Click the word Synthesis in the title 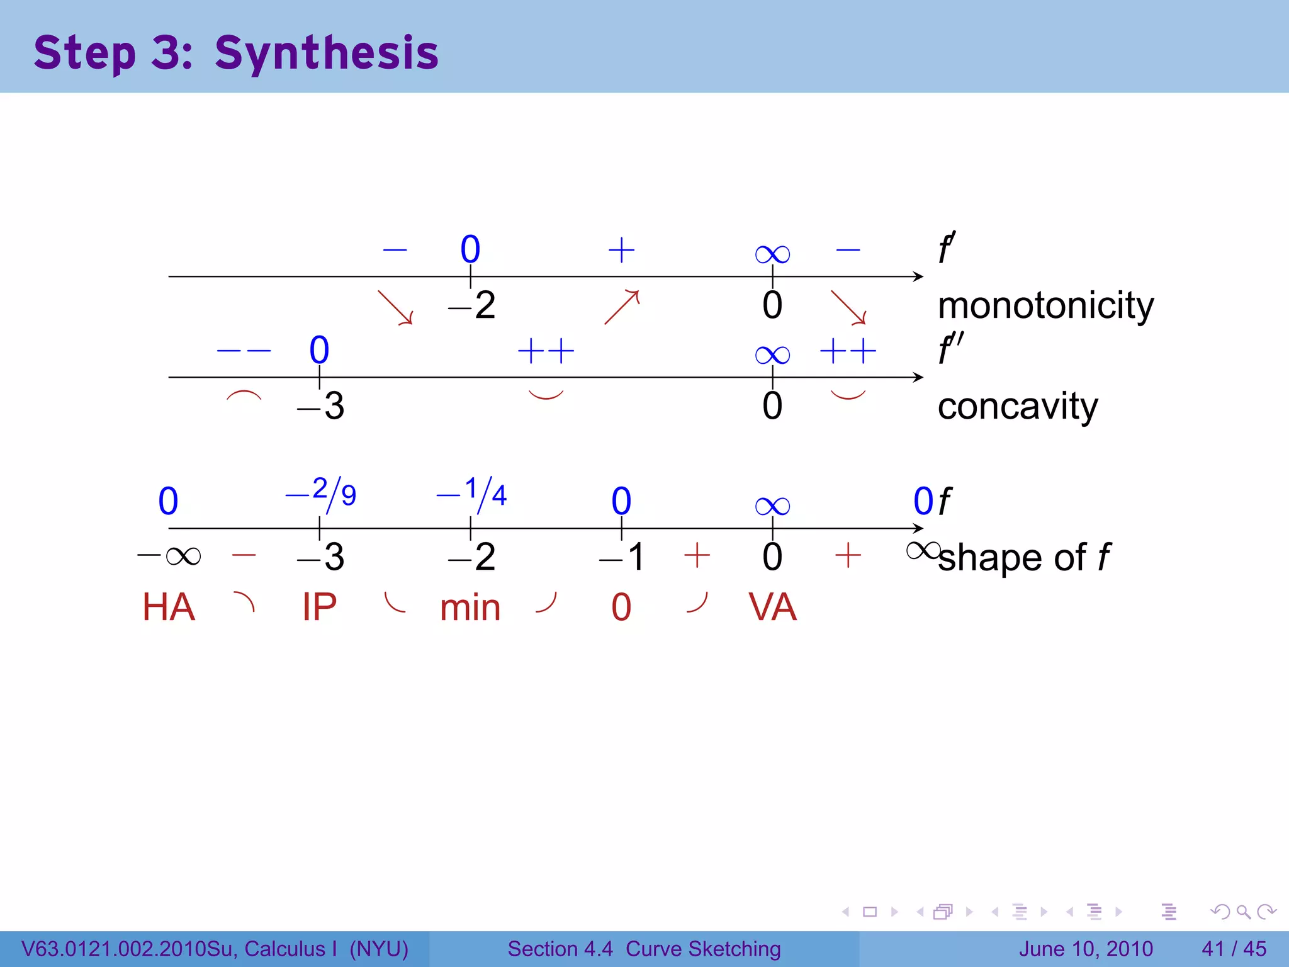(x=326, y=53)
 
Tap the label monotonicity (x=1045, y=306)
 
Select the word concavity (x=1017, y=406)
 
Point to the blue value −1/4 (x=472, y=493)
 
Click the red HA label (x=169, y=608)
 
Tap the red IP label (x=320, y=608)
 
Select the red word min (x=470, y=608)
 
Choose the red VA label (x=772, y=608)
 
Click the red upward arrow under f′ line (x=622, y=307)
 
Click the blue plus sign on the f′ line (x=621, y=250)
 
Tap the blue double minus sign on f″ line (x=244, y=351)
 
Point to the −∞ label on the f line (x=169, y=556)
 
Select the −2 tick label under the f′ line (x=472, y=306)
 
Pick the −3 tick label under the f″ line (x=321, y=406)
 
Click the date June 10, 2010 (x=1086, y=949)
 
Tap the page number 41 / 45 (x=1234, y=949)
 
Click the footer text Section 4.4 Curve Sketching (x=644, y=949)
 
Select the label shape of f (x=1024, y=558)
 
